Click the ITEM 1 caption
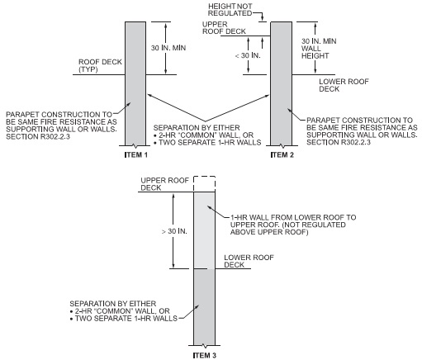[x=136, y=155]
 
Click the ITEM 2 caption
[x=282, y=155]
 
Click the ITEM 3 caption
[x=205, y=355]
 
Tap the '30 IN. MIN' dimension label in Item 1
[x=168, y=48]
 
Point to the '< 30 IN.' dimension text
[x=248, y=55]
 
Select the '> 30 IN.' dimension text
[x=174, y=231]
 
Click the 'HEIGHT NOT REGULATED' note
[x=230, y=10]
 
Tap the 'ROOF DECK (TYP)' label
[x=100, y=65]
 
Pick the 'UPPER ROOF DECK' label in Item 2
[x=224, y=28]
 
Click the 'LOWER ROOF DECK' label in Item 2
[x=344, y=85]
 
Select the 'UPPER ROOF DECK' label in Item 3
[x=164, y=184]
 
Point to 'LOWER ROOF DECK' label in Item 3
[x=249, y=261]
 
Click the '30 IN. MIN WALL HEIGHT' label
[x=319, y=49]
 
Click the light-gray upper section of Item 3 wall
[x=205, y=230]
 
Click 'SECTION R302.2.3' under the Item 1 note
[x=38, y=136]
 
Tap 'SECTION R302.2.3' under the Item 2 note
[x=339, y=142]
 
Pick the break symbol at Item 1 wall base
[x=135, y=145]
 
